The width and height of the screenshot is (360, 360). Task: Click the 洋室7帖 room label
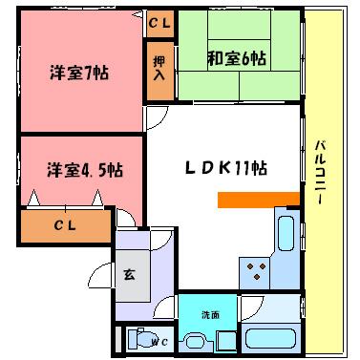point(78,72)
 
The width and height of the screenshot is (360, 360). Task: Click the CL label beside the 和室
point(159,21)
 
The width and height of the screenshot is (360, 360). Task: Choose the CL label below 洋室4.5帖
point(66,225)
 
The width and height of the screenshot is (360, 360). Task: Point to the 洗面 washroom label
point(210,314)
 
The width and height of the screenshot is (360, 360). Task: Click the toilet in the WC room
point(142,338)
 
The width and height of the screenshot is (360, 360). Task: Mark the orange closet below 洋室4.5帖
point(66,226)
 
